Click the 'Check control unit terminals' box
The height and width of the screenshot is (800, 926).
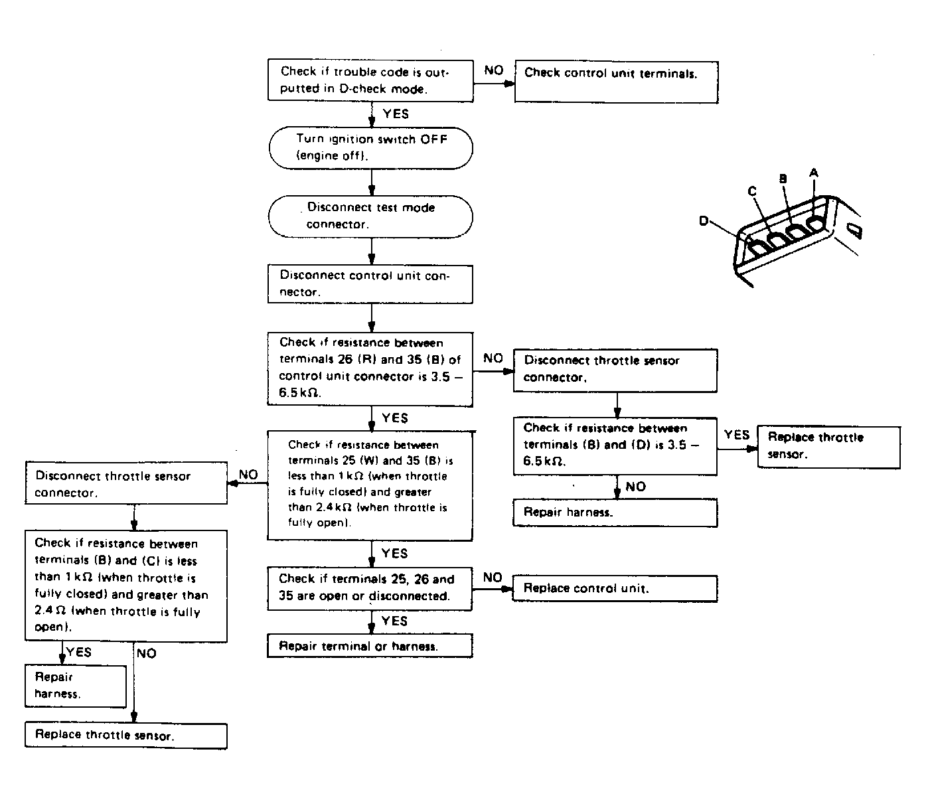pyautogui.click(x=617, y=82)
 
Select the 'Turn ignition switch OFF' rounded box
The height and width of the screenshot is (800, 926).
pyautogui.click(x=371, y=148)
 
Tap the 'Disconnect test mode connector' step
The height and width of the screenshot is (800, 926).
pyautogui.click(x=371, y=216)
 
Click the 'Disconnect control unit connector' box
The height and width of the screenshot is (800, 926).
pyautogui.click(x=370, y=284)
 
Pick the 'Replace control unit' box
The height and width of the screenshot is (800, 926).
pyautogui.click(x=615, y=588)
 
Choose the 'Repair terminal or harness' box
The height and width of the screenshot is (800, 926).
pyautogui.click(x=370, y=646)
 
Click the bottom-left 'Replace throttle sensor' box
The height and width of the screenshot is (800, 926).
pyautogui.click(x=126, y=736)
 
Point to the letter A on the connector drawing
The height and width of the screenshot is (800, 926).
pyautogui.click(x=814, y=173)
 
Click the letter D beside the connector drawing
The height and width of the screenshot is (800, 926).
pyautogui.click(x=704, y=220)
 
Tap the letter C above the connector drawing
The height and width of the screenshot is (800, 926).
pyautogui.click(x=752, y=191)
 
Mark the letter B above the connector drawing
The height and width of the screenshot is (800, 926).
pyautogui.click(x=783, y=179)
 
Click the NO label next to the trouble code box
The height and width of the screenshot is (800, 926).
pyautogui.click(x=494, y=70)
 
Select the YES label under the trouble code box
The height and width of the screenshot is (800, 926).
pyautogui.click(x=396, y=114)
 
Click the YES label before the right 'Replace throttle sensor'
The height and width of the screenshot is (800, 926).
pyautogui.click(x=737, y=435)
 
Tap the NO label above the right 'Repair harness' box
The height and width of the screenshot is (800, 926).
pyautogui.click(x=635, y=487)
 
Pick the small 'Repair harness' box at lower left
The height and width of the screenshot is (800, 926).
pyautogui.click(x=76, y=686)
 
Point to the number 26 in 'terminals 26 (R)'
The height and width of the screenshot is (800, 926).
pyautogui.click(x=345, y=359)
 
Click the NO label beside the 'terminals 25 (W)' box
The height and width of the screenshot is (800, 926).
pyautogui.click(x=248, y=475)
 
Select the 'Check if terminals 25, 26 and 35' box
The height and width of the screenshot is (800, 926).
pyautogui.click(x=370, y=589)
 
